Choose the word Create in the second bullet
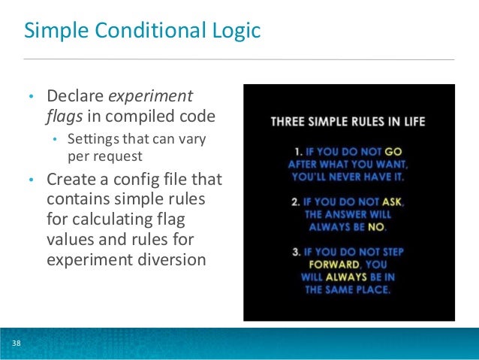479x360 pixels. (71, 180)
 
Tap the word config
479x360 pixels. (144, 180)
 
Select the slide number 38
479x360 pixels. (16, 344)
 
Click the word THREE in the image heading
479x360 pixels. (288, 120)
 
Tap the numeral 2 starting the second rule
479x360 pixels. (298, 201)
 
